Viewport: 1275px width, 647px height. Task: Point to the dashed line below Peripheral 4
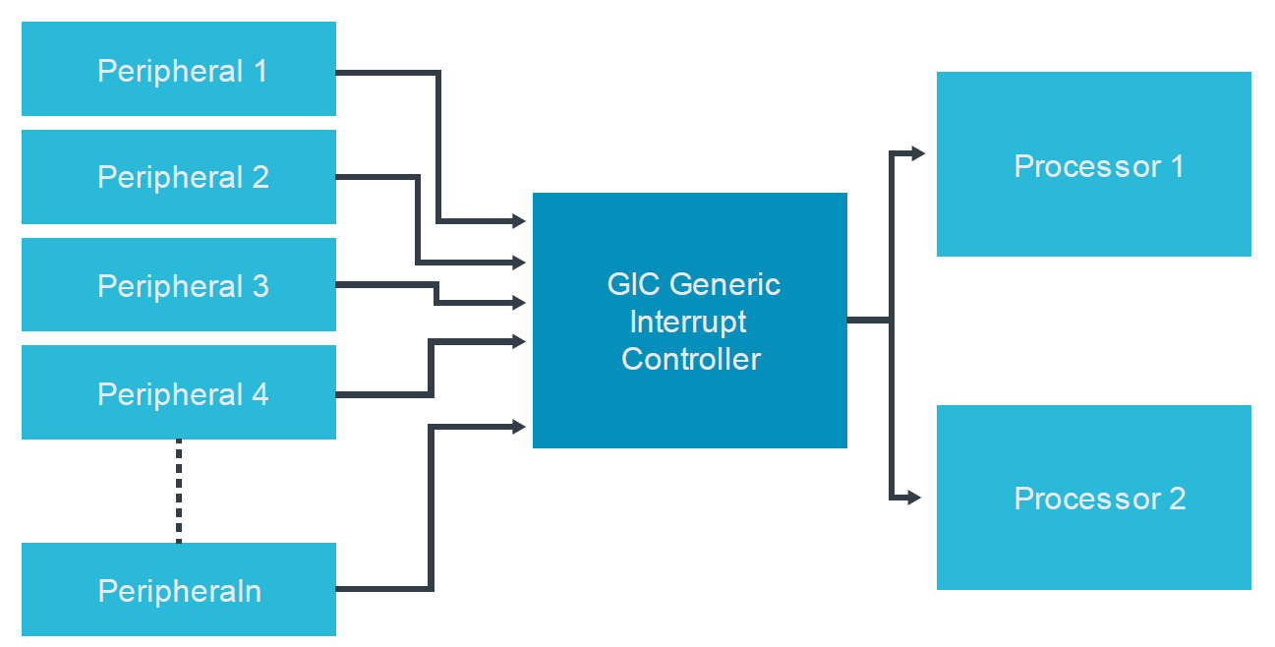point(179,491)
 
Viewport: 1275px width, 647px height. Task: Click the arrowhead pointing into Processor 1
point(917,153)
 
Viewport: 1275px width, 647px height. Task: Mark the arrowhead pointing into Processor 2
point(914,498)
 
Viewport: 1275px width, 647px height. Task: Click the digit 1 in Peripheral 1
point(260,72)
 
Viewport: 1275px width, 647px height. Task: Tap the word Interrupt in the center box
point(688,322)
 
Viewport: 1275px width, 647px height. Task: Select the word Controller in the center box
point(691,359)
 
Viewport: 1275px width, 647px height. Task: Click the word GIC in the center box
point(633,285)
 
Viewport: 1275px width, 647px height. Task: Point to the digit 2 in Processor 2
point(1177,499)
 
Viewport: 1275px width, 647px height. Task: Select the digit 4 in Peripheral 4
point(260,394)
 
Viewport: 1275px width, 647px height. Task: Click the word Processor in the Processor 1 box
point(1073,166)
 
